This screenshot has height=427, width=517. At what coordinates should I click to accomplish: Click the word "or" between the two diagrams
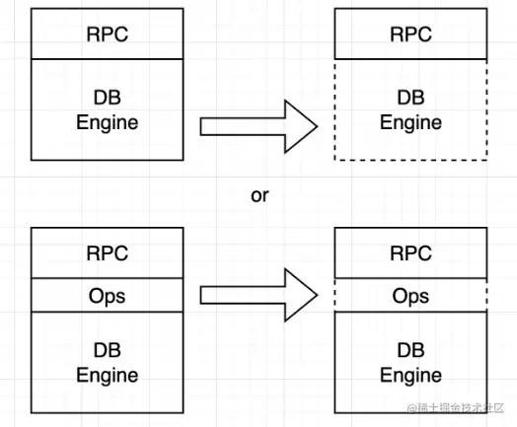(x=259, y=195)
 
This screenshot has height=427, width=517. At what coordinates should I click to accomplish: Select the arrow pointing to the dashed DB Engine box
(x=257, y=126)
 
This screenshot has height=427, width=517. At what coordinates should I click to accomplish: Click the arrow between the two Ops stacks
(x=257, y=295)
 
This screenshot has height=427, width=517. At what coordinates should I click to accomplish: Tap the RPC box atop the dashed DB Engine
(x=411, y=35)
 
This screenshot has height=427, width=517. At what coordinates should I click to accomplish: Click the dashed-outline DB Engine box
(x=411, y=110)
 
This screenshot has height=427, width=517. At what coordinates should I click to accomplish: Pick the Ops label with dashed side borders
(x=411, y=296)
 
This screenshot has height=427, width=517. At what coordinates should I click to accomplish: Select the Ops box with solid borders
(x=108, y=296)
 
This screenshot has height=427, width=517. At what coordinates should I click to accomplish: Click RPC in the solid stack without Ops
(x=108, y=35)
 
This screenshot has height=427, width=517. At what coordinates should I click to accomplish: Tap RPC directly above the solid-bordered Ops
(x=108, y=252)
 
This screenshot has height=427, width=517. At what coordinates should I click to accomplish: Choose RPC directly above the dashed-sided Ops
(x=411, y=252)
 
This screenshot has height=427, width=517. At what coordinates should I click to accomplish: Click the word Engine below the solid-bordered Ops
(x=108, y=376)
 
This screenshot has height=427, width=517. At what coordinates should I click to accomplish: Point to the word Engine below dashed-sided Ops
(x=411, y=376)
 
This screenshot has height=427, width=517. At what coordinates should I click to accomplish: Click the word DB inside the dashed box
(x=411, y=99)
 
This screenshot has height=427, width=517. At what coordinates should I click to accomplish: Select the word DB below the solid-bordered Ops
(x=108, y=351)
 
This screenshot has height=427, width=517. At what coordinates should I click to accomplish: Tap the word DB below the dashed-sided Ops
(x=411, y=351)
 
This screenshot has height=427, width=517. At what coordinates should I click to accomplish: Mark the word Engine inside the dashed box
(x=411, y=123)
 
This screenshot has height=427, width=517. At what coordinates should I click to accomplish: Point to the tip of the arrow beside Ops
(x=316, y=295)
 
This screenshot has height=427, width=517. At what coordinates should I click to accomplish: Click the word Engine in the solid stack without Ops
(x=108, y=123)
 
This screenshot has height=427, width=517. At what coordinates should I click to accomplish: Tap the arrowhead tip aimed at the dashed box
(x=316, y=126)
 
